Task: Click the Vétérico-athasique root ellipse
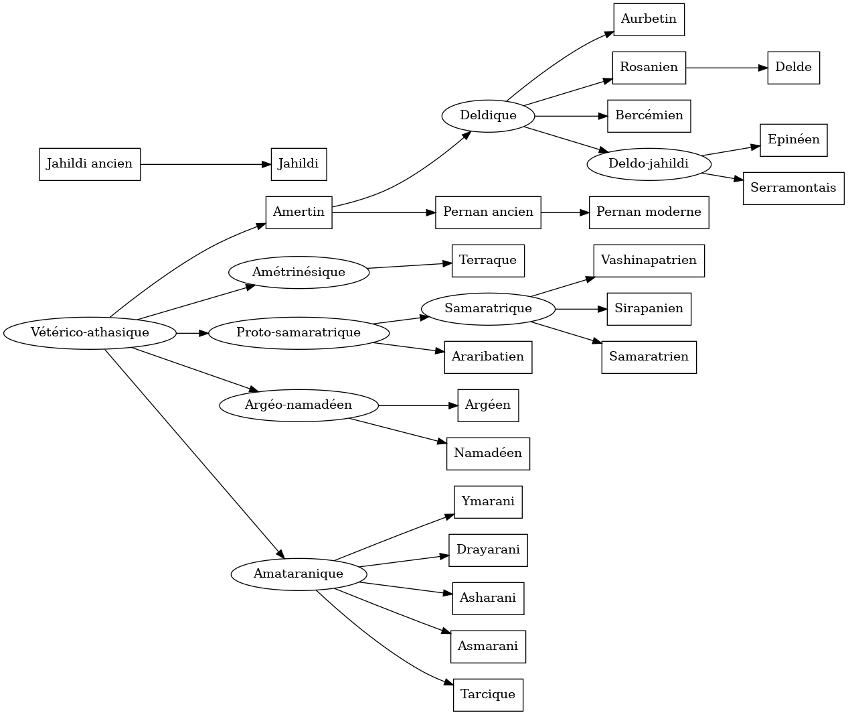point(90,332)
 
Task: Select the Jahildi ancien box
point(90,164)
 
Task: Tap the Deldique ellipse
point(488,116)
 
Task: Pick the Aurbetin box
point(649,19)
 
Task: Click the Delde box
point(793,68)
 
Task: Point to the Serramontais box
point(793,188)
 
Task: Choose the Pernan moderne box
point(649,212)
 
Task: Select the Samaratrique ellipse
point(488,309)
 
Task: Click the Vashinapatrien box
point(649,261)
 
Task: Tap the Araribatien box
point(488,357)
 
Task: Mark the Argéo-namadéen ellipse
point(299,405)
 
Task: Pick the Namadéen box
point(488,454)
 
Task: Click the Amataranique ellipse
point(299,574)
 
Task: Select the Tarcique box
point(488,695)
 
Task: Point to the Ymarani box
point(488,502)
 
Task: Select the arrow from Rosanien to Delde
point(726,68)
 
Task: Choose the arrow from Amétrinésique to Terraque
point(410,265)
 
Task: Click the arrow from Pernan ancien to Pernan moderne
point(565,212)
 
